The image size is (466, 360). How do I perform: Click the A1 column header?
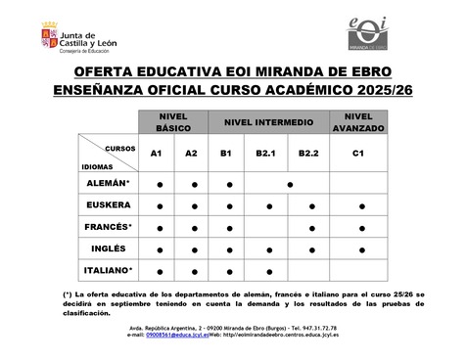coord(156,154)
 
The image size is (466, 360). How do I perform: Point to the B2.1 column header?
coord(265,154)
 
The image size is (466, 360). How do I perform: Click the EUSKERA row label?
coord(109,205)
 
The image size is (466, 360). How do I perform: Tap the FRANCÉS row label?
coord(109,227)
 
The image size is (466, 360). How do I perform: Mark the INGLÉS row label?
coord(109,248)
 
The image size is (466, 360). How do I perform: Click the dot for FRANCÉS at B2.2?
coord(309,228)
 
